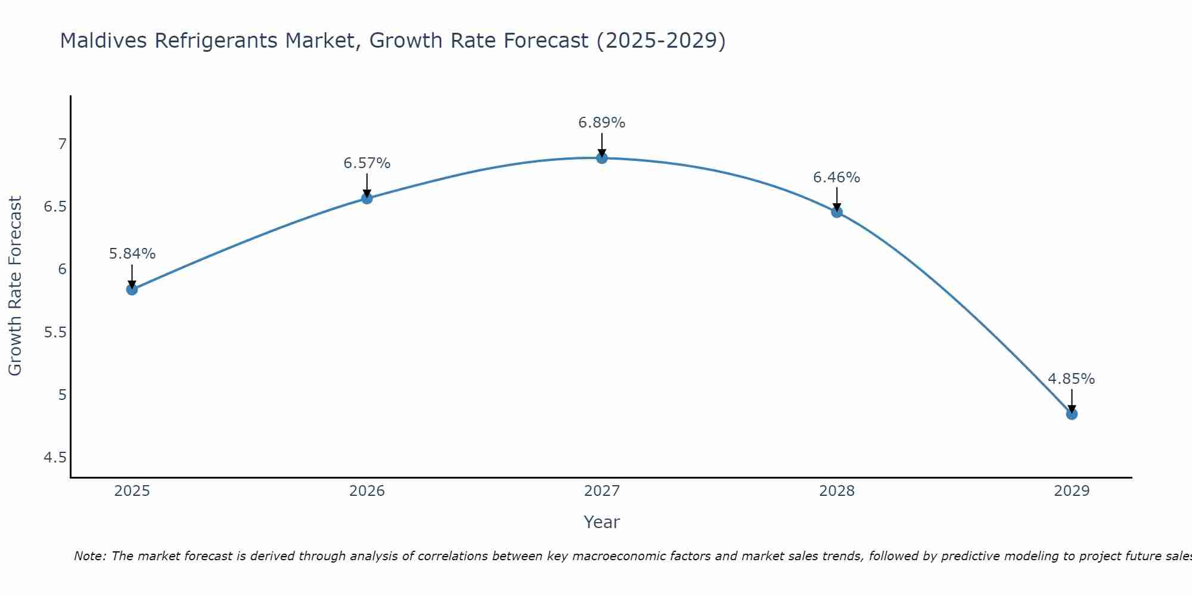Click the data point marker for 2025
coord(132,290)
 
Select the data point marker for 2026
coord(367,198)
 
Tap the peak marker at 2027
coord(602,158)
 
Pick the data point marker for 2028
coord(837,212)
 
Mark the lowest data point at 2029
coord(1072,414)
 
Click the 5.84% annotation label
coord(132,254)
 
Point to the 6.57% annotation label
coord(367,163)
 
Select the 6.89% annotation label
coord(602,123)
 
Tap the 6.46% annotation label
coord(837,178)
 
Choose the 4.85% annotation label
coord(1072,379)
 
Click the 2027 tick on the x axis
coord(602,491)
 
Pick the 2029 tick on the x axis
coord(1072,491)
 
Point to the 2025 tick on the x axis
coord(132,491)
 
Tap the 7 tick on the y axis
coord(62,144)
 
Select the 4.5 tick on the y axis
coord(55,458)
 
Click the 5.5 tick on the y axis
coord(55,333)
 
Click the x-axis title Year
coord(602,522)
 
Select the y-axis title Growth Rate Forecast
coord(15,286)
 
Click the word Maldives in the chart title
coord(104,41)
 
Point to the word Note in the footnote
coord(89,556)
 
